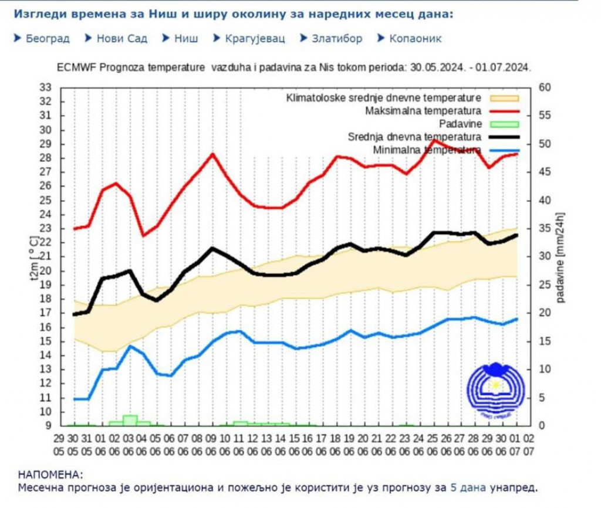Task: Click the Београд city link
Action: [x=48, y=39]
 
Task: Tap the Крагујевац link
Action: [x=255, y=39]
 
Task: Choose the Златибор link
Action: [x=336, y=39]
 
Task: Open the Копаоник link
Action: [x=414, y=39]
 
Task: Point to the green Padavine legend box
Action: [x=503, y=124]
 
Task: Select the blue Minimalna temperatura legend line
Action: [x=503, y=151]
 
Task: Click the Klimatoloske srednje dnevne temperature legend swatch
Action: [x=503, y=97]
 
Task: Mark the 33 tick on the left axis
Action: [x=45, y=87]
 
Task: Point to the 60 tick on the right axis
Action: [x=545, y=87]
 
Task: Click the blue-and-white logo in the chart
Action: [x=494, y=391]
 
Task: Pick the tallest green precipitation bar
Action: [x=130, y=419]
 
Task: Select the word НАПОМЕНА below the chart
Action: [x=50, y=474]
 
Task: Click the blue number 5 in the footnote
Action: [x=454, y=487]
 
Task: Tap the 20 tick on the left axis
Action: [x=45, y=270]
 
